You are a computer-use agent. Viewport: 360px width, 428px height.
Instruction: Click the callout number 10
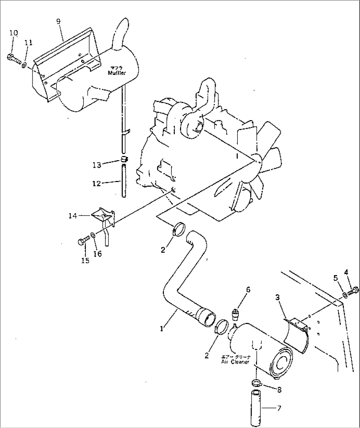[14, 33]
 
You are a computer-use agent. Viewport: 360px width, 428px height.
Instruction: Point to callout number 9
[58, 21]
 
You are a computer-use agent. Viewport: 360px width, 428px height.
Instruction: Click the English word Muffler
[117, 73]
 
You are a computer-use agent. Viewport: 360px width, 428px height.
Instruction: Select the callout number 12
[96, 183]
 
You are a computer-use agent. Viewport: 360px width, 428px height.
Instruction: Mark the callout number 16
[98, 254]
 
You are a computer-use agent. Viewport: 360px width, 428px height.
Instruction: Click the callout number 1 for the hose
[162, 319]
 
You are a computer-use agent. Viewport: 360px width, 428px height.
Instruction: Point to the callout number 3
[278, 298]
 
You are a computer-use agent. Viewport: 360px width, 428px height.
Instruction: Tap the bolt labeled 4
[354, 290]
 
